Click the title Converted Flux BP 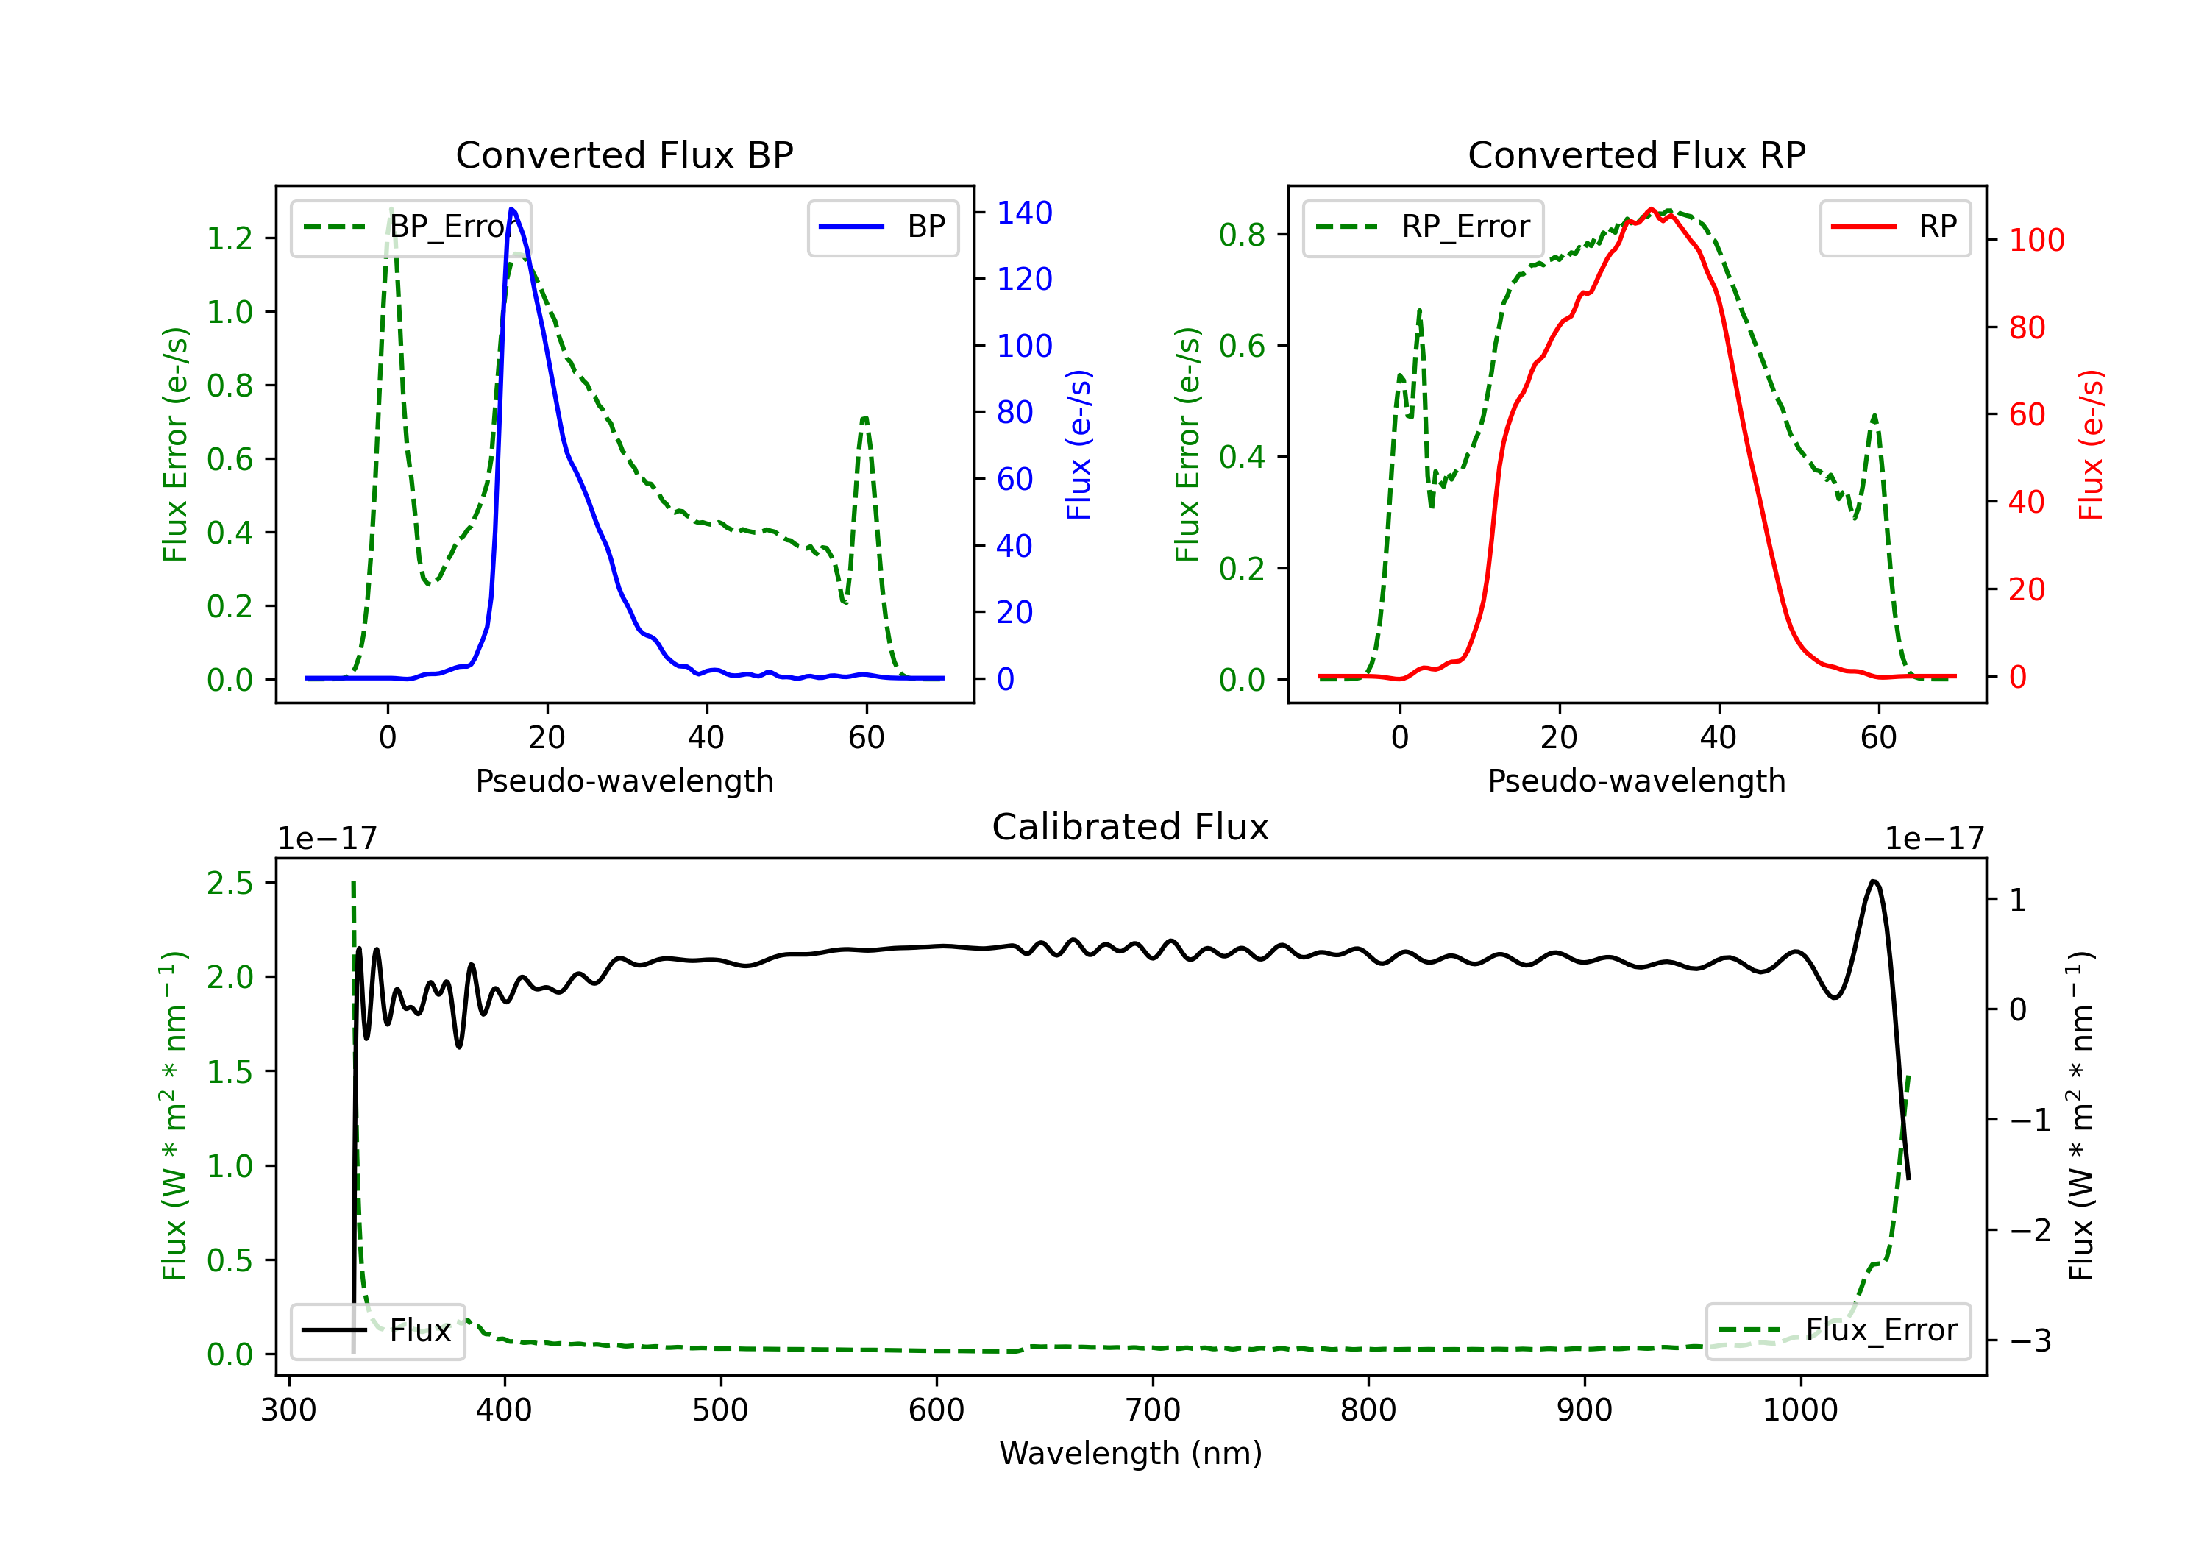(624, 154)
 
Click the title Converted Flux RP (1636, 154)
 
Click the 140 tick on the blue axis (1024, 213)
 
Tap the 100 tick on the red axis (2036, 241)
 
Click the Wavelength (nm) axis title (1131, 1453)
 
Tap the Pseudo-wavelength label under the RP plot (1636, 781)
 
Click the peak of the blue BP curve (511, 209)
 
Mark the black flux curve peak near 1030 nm (1874, 881)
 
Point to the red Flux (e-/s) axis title (2090, 444)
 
